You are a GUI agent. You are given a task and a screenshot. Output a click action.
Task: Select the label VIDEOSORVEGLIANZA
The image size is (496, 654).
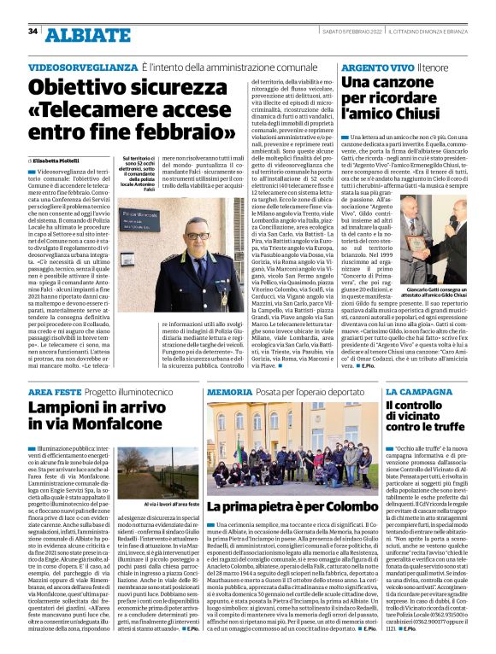click(x=82, y=67)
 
